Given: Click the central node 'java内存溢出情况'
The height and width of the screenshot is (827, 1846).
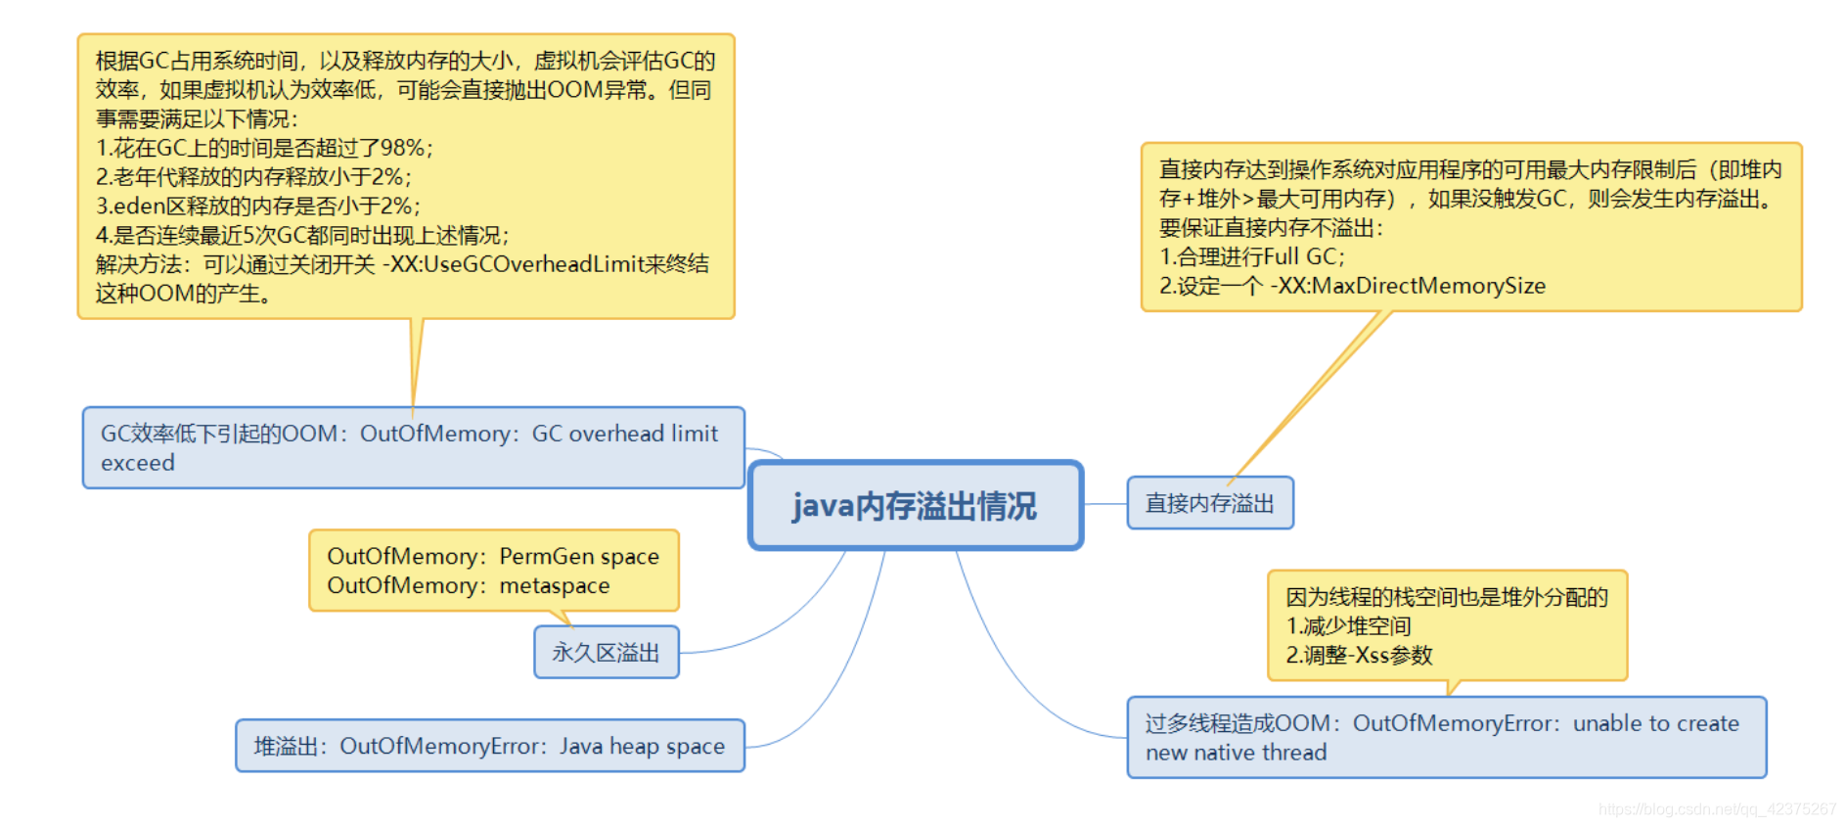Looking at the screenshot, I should (x=915, y=506).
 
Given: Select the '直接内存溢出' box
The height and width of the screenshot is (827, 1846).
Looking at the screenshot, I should (x=1209, y=503).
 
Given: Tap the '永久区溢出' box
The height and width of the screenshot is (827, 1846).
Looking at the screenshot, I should (x=606, y=653).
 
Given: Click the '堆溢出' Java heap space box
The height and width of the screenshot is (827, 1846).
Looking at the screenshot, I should (x=489, y=746).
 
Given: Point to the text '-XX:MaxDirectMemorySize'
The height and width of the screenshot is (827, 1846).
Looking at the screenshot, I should (x=1408, y=286).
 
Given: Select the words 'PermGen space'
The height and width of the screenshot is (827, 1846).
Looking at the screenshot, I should (x=579, y=557).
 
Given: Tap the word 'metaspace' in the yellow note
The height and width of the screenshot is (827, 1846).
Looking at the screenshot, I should (x=555, y=586).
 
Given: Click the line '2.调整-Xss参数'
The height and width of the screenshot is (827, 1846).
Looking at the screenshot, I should (x=1359, y=655).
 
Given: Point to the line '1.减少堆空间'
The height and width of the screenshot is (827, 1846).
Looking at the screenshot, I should (x=1348, y=626).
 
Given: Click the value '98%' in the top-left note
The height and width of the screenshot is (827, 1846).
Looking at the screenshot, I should (x=401, y=148).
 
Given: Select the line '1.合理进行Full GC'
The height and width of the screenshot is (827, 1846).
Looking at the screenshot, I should (x=1251, y=256).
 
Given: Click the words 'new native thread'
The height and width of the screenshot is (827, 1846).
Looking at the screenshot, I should (x=1237, y=753).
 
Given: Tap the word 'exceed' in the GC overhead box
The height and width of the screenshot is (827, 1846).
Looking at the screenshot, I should (x=138, y=463).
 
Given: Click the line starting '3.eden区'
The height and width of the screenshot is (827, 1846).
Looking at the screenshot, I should (x=258, y=207).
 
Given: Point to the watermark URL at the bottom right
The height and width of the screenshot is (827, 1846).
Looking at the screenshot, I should (x=1717, y=809).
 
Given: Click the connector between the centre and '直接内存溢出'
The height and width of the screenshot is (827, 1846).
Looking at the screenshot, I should (x=1105, y=504).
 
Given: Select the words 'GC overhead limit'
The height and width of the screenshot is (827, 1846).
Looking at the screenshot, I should (x=624, y=434).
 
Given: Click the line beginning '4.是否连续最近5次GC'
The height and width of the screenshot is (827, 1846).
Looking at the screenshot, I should (x=302, y=236).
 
